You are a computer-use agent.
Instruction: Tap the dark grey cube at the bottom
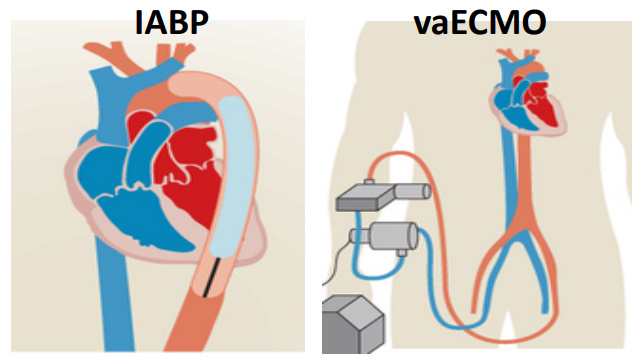[x=353, y=325]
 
